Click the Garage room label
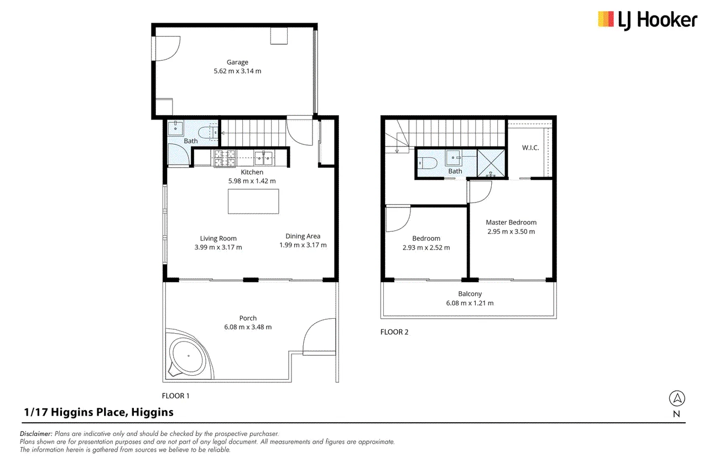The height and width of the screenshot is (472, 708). click(x=237, y=63)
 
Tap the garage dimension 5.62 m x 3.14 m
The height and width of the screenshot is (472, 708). click(x=237, y=71)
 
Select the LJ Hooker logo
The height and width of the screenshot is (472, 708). click(x=647, y=20)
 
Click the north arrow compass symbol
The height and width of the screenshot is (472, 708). click(x=677, y=398)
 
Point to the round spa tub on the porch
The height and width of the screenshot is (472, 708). click(x=189, y=356)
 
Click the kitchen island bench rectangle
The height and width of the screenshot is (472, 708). click(x=253, y=201)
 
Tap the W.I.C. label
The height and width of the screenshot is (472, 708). click(x=530, y=148)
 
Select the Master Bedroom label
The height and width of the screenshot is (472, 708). click(x=511, y=222)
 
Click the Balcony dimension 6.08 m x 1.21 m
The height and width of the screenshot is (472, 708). click(x=470, y=303)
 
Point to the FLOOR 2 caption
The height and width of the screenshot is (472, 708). click(x=394, y=332)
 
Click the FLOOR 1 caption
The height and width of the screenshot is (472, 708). click(x=175, y=396)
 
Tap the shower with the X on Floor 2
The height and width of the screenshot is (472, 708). click(x=491, y=163)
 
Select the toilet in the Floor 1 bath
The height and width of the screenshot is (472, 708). click(x=208, y=132)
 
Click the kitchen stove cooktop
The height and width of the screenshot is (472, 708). click(x=225, y=158)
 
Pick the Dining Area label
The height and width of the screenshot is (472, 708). click(x=303, y=236)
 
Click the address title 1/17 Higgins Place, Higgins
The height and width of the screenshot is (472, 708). click(x=98, y=412)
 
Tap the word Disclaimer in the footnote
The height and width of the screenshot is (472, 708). click(x=36, y=434)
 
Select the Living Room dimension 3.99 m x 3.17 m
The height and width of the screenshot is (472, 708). click(x=218, y=247)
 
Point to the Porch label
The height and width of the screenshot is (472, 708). click(x=248, y=318)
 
